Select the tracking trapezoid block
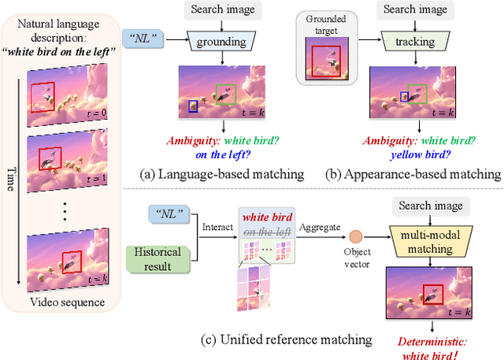pos(412,41)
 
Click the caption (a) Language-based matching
pos(221,173)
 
